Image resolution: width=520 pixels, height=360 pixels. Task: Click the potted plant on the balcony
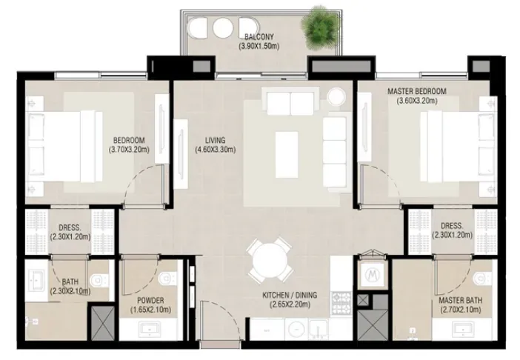[319, 27]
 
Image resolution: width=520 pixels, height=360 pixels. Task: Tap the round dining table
[270, 261]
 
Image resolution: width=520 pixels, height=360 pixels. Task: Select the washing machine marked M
[372, 274]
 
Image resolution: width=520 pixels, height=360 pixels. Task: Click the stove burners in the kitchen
[341, 303]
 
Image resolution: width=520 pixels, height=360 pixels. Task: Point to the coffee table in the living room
[287, 155]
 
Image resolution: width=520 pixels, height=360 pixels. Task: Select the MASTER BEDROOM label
[417, 91]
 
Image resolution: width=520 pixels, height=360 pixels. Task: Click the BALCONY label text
[259, 37]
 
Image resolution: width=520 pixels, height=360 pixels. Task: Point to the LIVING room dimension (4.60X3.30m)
[216, 150]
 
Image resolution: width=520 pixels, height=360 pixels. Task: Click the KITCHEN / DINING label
[290, 295]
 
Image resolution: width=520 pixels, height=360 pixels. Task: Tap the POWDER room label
[150, 300]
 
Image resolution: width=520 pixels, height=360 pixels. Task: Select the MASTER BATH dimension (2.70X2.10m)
[460, 310]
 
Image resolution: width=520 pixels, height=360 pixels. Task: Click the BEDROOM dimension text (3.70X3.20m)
[129, 150]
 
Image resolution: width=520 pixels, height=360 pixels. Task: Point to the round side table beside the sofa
[336, 96]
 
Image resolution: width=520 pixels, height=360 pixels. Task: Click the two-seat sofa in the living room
[290, 101]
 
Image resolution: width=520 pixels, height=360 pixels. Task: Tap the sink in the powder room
[150, 329]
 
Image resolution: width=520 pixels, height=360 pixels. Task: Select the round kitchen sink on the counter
[296, 330]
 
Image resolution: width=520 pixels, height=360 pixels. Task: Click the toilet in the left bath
[99, 280]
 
